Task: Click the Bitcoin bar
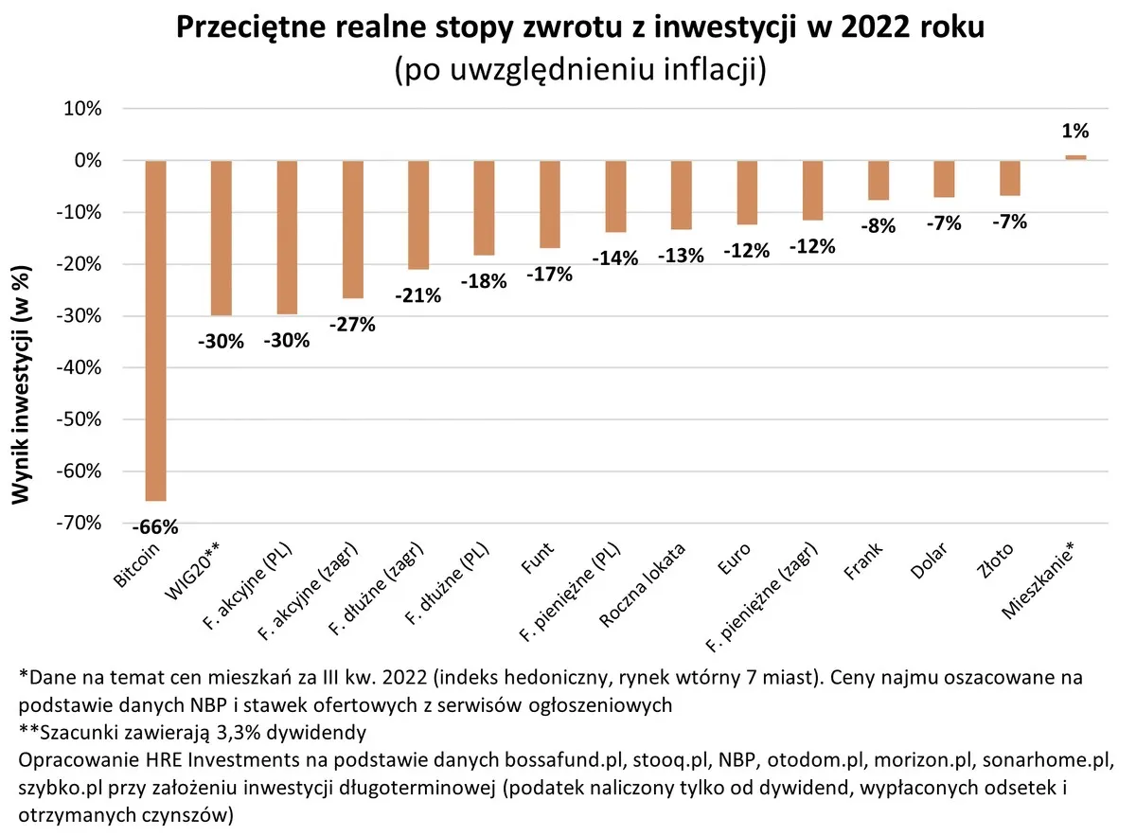(155, 330)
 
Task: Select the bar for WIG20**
(222, 238)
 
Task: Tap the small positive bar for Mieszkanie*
(1075, 157)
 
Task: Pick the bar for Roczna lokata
(682, 195)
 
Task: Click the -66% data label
(155, 526)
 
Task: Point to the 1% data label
(1075, 132)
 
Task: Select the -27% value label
(352, 324)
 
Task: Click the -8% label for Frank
(879, 226)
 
